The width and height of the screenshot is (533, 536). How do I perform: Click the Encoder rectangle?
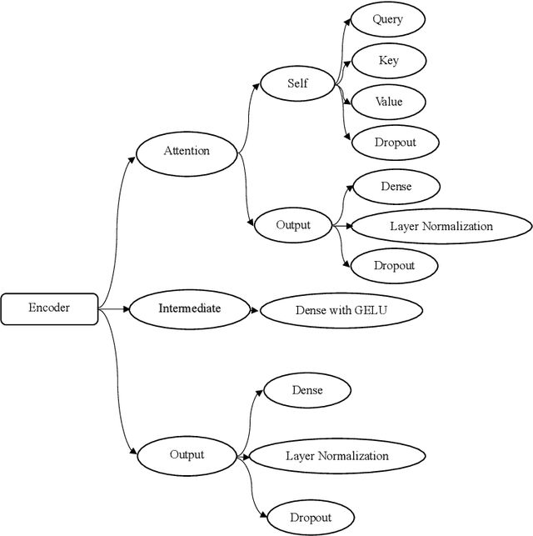(49, 309)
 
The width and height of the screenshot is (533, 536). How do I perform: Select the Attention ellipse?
(187, 152)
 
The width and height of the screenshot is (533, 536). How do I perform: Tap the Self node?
(297, 83)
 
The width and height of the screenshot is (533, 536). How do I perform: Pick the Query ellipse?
(387, 20)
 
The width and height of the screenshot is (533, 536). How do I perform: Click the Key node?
(388, 61)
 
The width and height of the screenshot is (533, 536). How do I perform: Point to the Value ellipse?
(388, 102)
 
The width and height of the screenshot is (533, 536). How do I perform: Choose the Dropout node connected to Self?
(395, 143)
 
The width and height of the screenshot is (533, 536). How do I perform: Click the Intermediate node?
(190, 309)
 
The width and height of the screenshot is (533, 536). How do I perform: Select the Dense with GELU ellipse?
(341, 310)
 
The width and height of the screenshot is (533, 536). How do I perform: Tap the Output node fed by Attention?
(292, 225)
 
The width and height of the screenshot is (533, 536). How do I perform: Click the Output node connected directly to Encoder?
(187, 455)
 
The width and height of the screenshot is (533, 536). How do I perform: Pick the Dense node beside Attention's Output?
(396, 187)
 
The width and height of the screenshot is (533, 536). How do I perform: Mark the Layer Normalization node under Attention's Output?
(441, 227)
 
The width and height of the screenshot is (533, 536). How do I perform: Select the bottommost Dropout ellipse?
(311, 518)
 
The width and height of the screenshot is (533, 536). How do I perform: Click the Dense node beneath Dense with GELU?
(307, 390)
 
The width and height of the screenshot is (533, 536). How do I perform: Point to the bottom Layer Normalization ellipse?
(337, 456)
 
